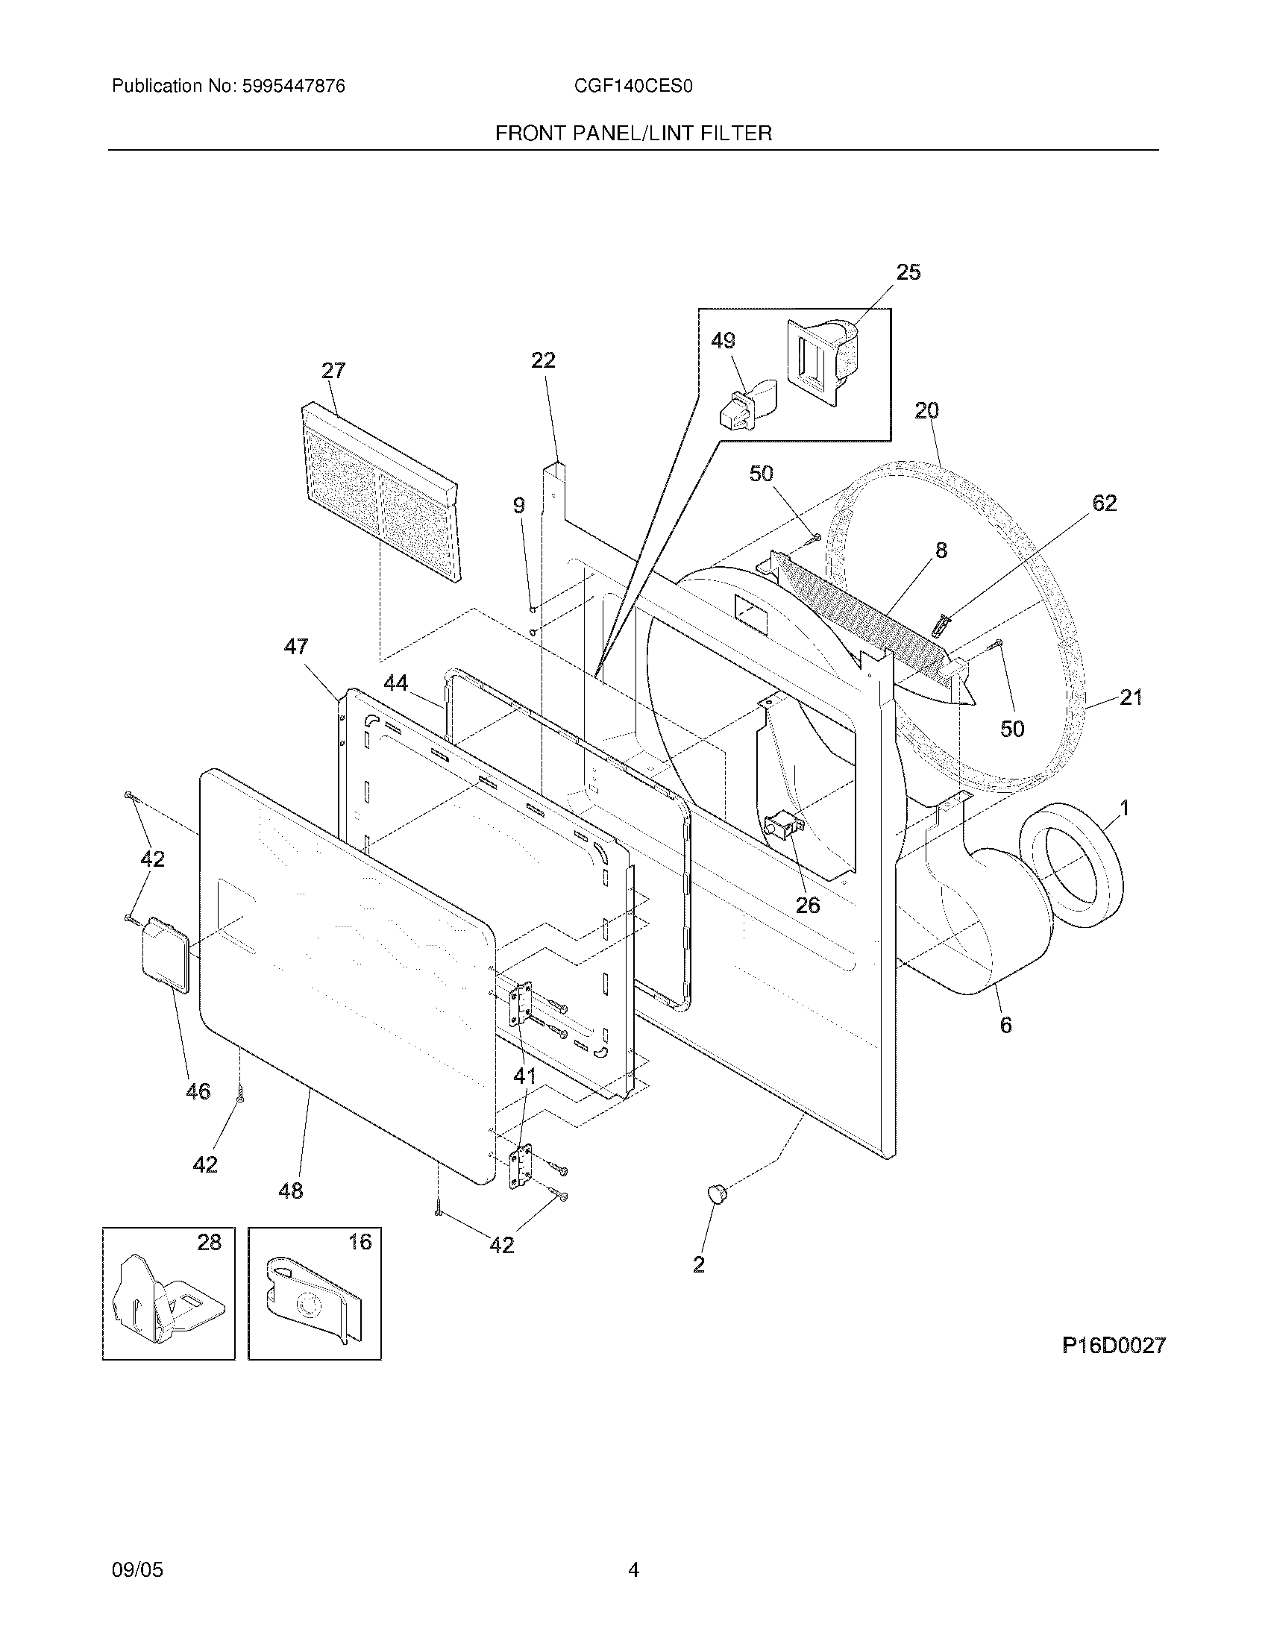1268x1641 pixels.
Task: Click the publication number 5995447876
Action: point(293,87)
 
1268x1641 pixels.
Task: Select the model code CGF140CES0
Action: point(633,87)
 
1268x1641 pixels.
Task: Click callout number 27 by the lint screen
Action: point(333,371)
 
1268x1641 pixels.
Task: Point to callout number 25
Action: point(908,273)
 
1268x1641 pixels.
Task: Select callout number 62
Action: point(1104,503)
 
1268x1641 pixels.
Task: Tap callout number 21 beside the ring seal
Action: point(1131,698)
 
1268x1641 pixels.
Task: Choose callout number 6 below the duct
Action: point(1006,1025)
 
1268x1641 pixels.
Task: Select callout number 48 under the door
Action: point(291,1190)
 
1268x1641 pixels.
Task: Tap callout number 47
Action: point(296,646)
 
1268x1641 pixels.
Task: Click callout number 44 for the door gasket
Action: point(396,683)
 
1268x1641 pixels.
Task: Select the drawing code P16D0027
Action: point(1114,1345)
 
